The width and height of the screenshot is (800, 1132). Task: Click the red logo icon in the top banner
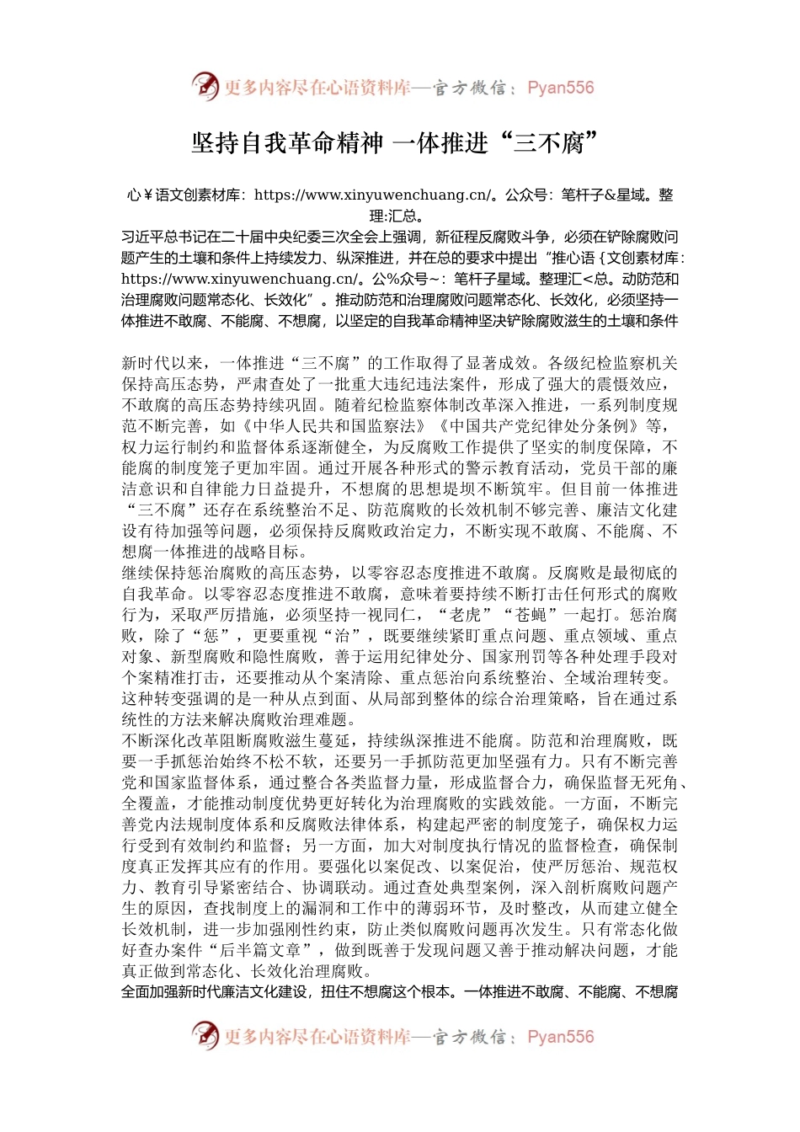point(205,87)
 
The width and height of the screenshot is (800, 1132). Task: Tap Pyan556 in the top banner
point(560,88)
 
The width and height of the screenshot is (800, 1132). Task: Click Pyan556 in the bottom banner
point(560,1037)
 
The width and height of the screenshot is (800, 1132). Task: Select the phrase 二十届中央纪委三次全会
point(313,238)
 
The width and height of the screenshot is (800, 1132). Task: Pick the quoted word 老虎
point(465,615)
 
